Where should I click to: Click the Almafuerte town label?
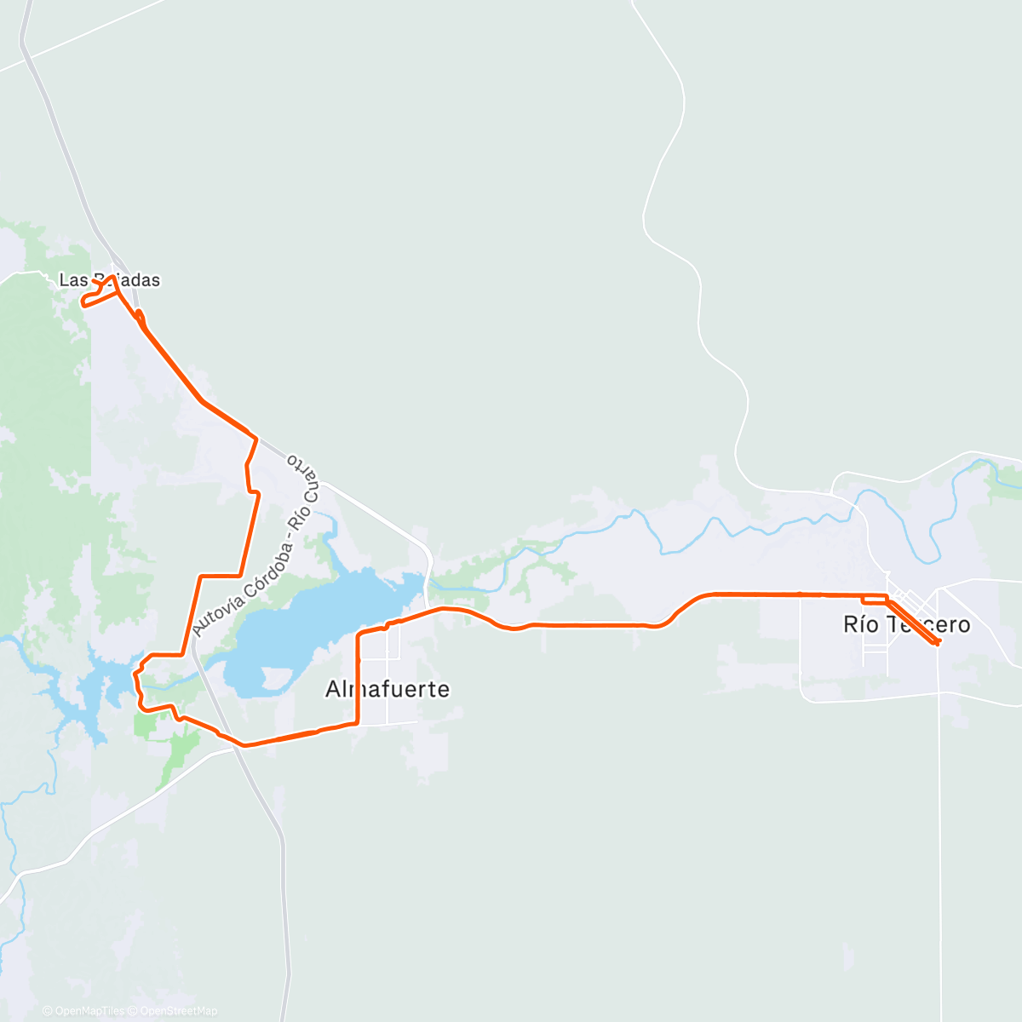click(x=387, y=689)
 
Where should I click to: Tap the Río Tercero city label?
click(x=906, y=624)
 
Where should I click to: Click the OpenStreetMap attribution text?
click(x=178, y=1011)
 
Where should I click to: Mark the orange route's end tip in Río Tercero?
click(x=937, y=642)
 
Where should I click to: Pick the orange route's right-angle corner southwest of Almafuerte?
click(x=356, y=723)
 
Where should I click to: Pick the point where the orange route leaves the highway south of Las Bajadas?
click(x=255, y=438)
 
